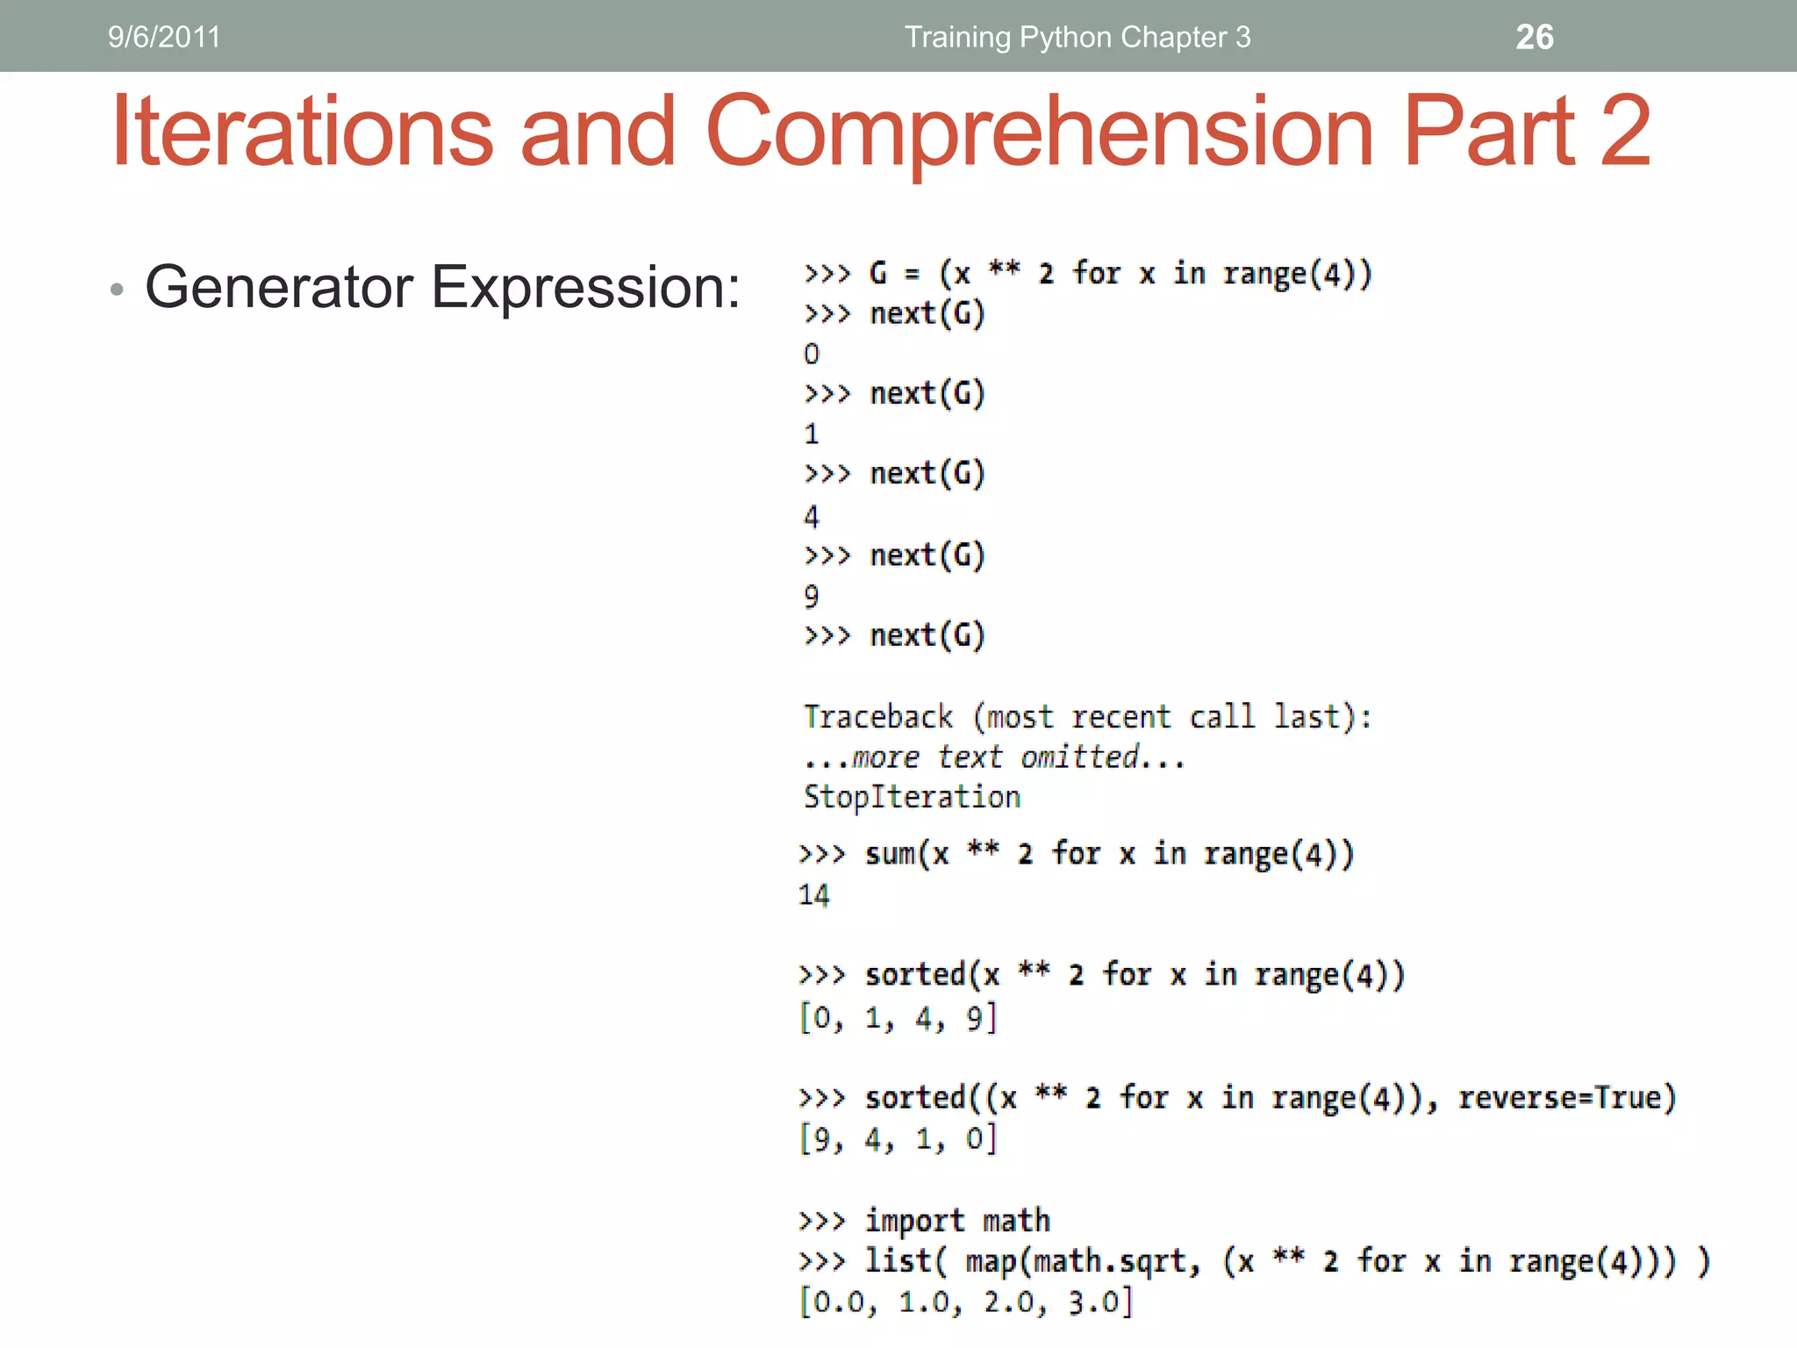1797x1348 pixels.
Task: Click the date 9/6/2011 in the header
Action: [164, 37]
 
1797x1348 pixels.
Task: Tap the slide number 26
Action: [1534, 37]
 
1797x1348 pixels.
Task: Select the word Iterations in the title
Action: [303, 132]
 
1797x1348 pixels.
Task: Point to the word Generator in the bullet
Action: [279, 287]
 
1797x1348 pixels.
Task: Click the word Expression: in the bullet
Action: [586, 289]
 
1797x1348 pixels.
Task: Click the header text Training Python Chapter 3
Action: [1077, 37]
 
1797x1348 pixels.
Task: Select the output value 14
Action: [813, 895]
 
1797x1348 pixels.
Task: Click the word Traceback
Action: [877, 717]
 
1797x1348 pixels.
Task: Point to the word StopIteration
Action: [912, 797]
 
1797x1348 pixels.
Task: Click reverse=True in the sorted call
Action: [1566, 1098]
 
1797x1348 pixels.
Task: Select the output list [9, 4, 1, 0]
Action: [898, 1139]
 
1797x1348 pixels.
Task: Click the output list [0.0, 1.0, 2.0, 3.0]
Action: [965, 1301]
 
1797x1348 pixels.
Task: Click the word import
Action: [914, 1221]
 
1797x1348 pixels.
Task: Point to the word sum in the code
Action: [890, 854]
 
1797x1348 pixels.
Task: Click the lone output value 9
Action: [812, 597]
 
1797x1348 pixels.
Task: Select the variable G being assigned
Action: [877, 274]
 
